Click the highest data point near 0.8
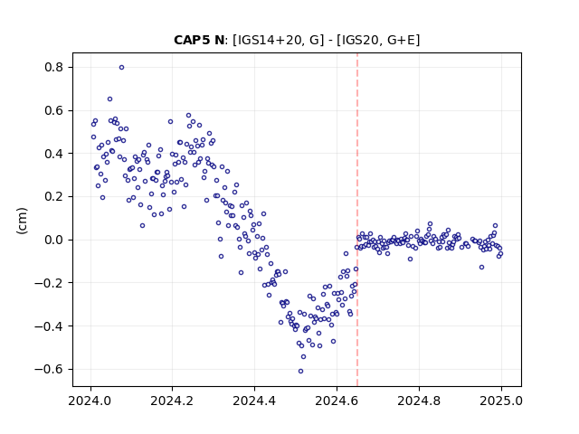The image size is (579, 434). pyautogui.click(x=121, y=68)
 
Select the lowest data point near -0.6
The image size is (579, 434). pyautogui.click(x=300, y=371)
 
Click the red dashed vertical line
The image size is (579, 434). pyautogui.click(x=357, y=220)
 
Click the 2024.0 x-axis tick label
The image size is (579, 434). pyautogui.click(x=90, y=401)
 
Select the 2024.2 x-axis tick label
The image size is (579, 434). pyautogui.click(x=172, y=401)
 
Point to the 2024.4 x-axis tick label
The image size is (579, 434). pyautogui.click(x=254, y=401)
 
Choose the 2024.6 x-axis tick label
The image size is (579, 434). pyautogui.click(x=337, y=401)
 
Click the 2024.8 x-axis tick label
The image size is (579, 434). pyautogui.click(x=419, y=401)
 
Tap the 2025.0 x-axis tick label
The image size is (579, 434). pyautogui.click(x=501, y=401)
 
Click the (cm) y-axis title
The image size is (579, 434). pyautogui.click(x=22, y=221)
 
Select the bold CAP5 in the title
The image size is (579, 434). pyautogui.click(x=192, y=40)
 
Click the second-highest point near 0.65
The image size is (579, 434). pyautogui.click(x=109, y=99)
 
